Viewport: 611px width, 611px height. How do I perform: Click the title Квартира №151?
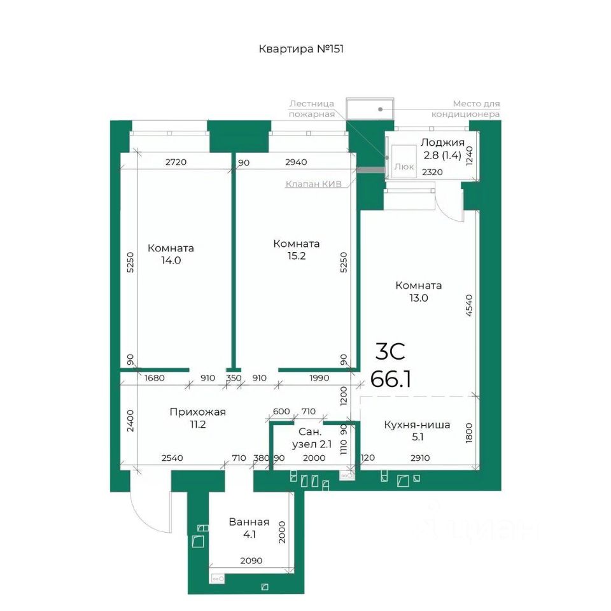point(301,49)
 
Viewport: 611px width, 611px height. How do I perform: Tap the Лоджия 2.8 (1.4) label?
point(442,149)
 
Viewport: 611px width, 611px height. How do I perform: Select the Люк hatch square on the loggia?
point(404,162)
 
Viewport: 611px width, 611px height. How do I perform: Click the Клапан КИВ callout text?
point(313,184)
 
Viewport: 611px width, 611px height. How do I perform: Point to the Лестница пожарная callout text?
point(312,109)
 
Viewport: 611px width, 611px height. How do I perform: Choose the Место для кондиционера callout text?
point(465,109)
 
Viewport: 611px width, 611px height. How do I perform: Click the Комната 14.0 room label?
point(171,254)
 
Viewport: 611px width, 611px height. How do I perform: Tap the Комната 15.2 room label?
point(296,249)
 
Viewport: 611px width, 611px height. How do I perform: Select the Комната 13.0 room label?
point(419,291)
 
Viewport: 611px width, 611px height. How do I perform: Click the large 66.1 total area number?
point(390,379)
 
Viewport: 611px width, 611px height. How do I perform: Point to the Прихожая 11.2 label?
point(197,418)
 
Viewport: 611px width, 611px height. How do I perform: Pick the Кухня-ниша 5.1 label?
point(417,431)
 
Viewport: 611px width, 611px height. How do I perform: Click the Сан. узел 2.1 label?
point(311,438)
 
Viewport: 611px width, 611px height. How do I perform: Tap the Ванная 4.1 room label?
point(249,528)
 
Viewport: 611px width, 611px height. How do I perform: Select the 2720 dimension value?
point(176,162)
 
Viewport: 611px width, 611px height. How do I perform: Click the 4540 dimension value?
point(469,305)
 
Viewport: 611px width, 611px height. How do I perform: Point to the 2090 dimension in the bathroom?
point(251,561)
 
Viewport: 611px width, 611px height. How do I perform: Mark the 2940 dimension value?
point(296,162)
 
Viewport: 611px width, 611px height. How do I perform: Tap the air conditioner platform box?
point(370,109)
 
